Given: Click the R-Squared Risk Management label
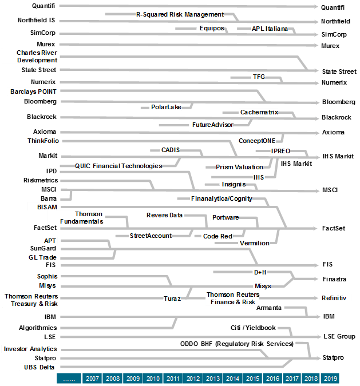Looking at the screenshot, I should click(x=179, y=14).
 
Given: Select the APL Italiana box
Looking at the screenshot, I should click(x=270, y=29).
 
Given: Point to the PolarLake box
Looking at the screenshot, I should click(x=166, y=107).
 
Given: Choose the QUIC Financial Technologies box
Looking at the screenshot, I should click(x=118, y=166).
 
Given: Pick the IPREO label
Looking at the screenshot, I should click(x=280, y=152).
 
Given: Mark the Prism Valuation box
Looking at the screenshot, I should click(x=240, y=167).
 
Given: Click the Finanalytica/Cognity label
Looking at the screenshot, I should click(x=221, y=198).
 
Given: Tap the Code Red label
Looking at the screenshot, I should click(x=217, y=236).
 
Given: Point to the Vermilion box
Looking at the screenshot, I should click(x=254, y=243).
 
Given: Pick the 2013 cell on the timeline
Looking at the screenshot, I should click(x=213, y=379).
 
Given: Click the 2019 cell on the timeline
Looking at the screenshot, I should click(x=330, y=379).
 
